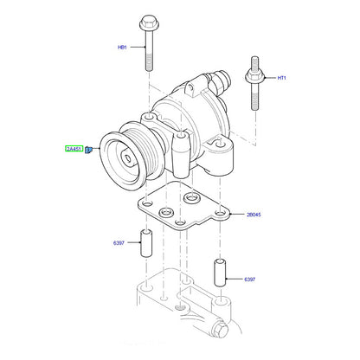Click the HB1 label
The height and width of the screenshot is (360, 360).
(122, 47)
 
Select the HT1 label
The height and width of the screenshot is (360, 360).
(281, 78)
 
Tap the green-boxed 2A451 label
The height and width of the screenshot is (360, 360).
(74, 149)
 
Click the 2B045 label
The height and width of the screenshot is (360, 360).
(254, 215)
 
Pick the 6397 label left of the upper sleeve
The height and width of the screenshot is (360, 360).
(119, 243)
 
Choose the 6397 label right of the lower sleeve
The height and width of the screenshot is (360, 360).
(249, 280)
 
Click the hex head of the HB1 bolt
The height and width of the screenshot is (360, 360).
(149, 22)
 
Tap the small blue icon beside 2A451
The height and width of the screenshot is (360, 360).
(88, 150)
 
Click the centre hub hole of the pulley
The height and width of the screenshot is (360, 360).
(127, 158)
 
